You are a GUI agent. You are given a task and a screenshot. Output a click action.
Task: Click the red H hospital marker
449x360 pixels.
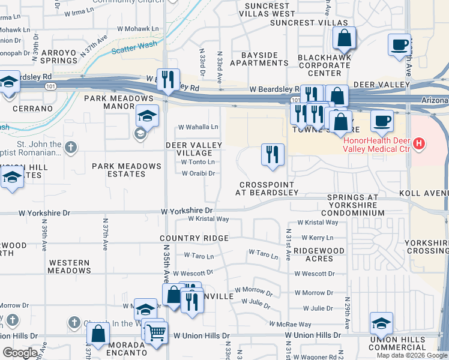pos(420,144)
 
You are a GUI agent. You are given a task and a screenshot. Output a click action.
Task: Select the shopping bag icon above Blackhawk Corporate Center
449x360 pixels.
pos(345,38)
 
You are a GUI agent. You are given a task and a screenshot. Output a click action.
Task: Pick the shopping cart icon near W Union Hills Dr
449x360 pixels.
pos(157,331)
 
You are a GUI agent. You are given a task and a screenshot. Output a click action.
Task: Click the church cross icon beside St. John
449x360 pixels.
pos(71,147)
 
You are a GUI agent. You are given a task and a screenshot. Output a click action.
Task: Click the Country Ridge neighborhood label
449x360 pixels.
pos(194,238)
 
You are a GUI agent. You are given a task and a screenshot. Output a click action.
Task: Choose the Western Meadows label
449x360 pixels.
pos(70,266)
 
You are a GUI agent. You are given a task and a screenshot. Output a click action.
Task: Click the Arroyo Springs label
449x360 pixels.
pos(59,56)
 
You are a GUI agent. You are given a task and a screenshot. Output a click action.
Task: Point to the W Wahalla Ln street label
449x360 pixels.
pos(199,127)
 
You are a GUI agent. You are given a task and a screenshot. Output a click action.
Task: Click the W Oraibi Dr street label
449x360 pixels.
pos(198,173)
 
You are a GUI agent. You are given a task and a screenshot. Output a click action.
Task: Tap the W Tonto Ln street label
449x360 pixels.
pos(198,162)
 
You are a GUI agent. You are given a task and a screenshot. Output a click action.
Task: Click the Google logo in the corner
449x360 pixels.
pos(20,353)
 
